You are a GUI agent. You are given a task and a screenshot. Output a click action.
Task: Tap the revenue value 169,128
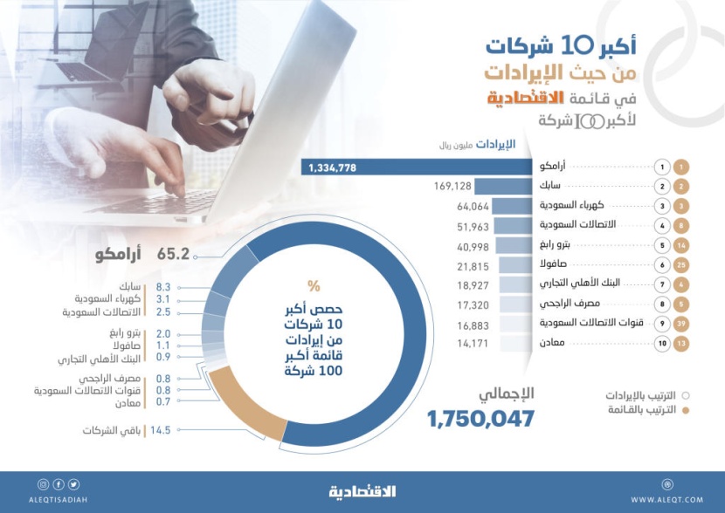452,187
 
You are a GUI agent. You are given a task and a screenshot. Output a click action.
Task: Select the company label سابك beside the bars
551,187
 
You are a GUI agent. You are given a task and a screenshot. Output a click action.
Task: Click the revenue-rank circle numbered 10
662,345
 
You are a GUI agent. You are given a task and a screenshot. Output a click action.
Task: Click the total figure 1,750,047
480,419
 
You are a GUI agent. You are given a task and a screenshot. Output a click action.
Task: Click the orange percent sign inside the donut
313,285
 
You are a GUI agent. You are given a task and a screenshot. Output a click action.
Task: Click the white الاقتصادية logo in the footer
362,491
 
